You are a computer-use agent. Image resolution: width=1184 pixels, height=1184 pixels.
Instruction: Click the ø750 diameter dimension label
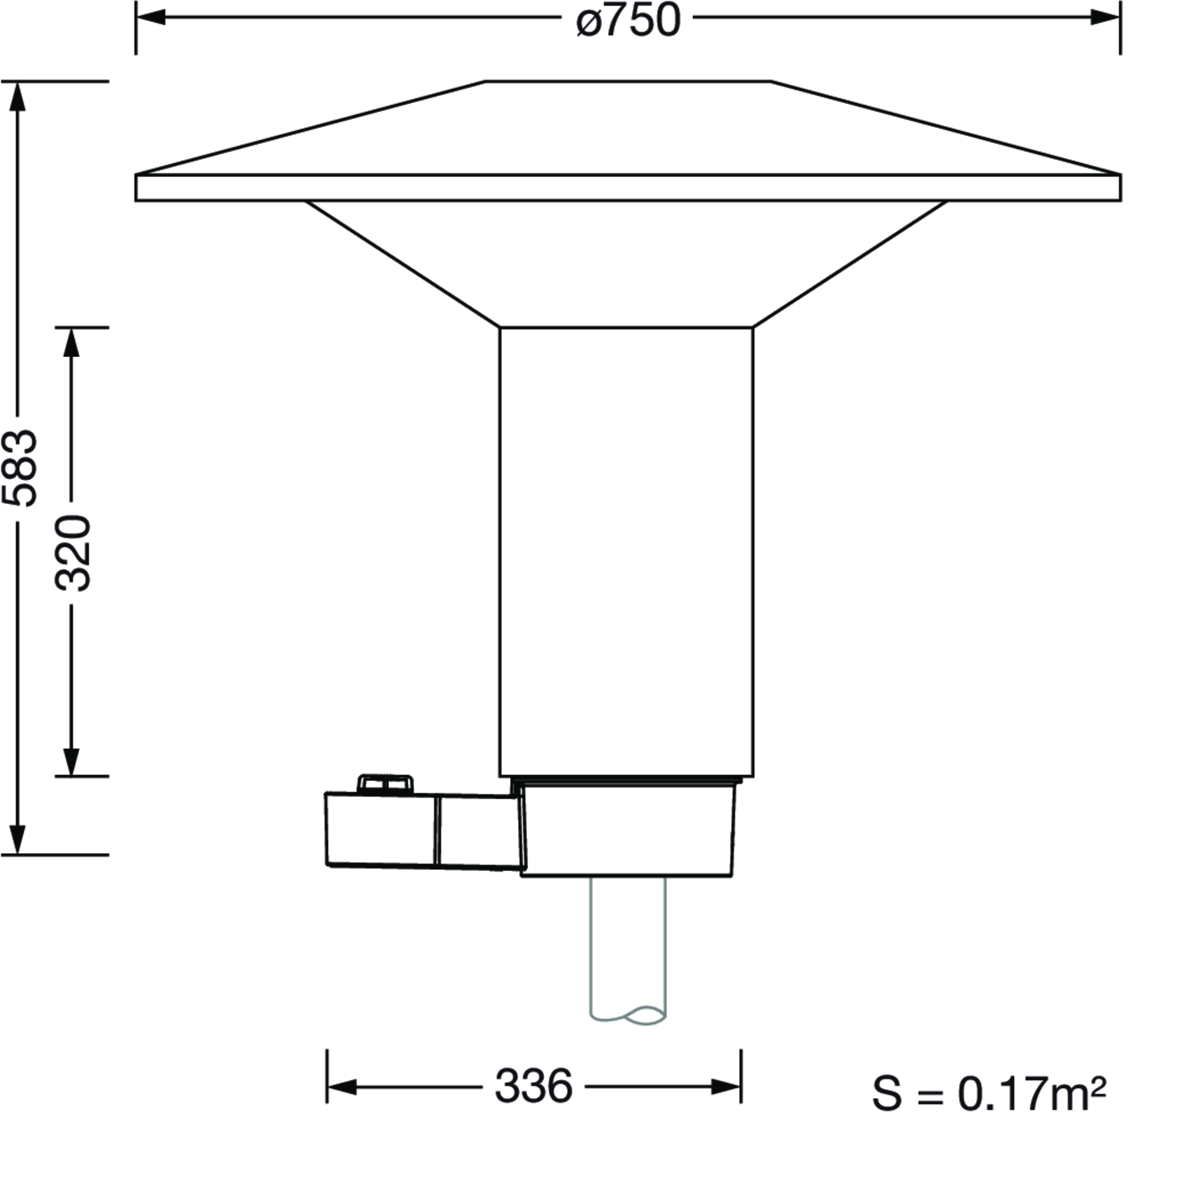(628, 20)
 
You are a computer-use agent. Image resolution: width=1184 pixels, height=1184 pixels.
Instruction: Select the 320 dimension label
(73, 554)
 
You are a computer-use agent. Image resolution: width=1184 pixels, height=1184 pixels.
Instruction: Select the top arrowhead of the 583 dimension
(18, 96)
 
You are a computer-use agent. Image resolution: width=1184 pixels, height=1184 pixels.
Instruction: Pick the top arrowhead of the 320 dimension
(72, 343)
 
